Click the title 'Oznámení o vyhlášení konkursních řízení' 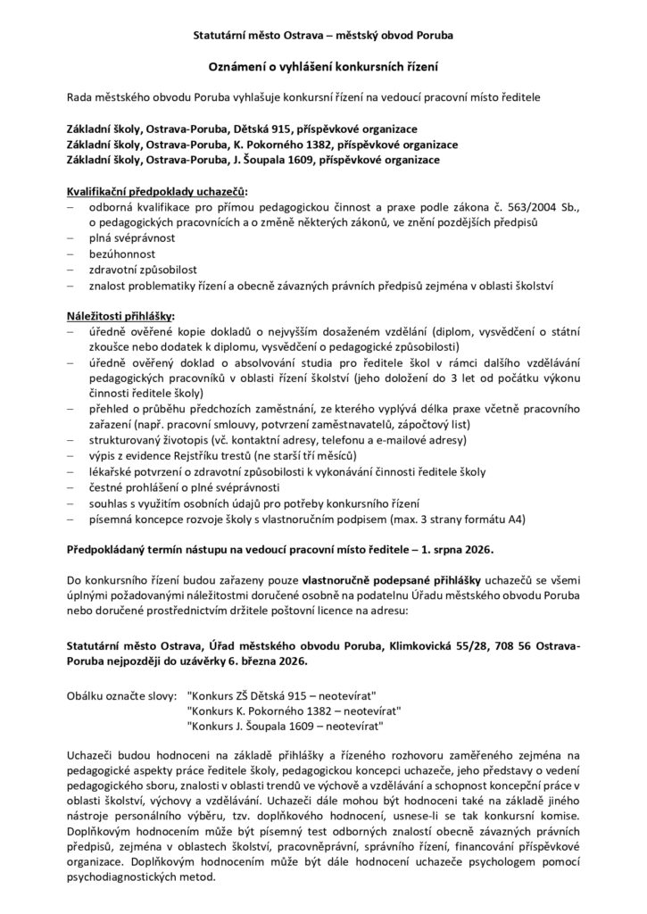pos(323,66)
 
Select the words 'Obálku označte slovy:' pos(122,694)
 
